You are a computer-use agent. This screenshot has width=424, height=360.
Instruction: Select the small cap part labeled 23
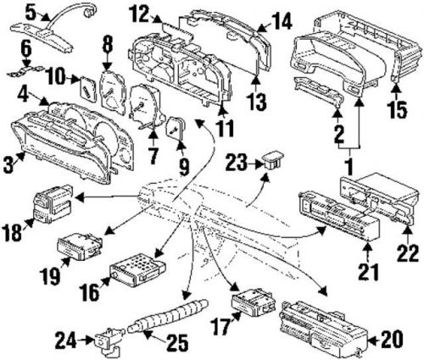pos(271,159)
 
